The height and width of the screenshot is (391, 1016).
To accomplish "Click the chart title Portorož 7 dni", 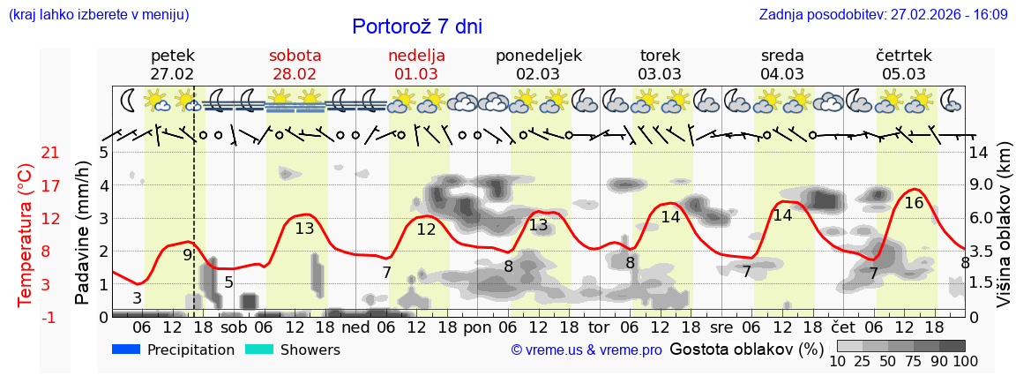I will pyautogui.click(x=417, y=26).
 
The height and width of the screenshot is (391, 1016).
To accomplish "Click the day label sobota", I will pyautogui.click(x=295, y=56).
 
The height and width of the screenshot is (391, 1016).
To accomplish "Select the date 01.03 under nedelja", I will pyautogui.click(x=416, y=74).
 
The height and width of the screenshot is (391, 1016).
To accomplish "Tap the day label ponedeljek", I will pyautogui.click(x=538, y=56).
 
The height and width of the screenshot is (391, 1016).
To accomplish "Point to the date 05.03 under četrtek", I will pyautogui.click(x=904, y=74).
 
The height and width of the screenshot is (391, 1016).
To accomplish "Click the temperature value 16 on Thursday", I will pyautogui.click(x=914, y=203).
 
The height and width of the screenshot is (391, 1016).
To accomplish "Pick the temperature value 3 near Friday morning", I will pyautogui.click(x=137, y=298).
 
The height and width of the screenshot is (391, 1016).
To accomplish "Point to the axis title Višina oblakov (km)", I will pyautogui.click(x=1004, y=233).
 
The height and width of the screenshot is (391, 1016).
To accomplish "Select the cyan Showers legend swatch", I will pyautogui.click(x=259, y=350).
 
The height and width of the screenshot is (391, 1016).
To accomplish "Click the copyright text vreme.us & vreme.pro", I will pyautogui.click(x=586, y=350).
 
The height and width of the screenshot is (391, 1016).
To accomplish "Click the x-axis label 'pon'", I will pyautogui.click(x=477, y=326).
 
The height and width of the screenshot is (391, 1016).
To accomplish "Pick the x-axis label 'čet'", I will pyautogui.click(x=844, y=326).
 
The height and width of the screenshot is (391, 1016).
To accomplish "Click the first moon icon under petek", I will pyautogui.click(x=129, y=100).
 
